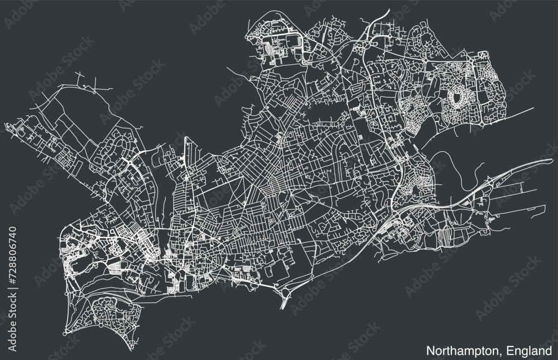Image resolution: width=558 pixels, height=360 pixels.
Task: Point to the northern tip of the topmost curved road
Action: click(388, 9)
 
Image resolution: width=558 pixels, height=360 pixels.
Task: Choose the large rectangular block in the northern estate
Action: click(285, 44)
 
